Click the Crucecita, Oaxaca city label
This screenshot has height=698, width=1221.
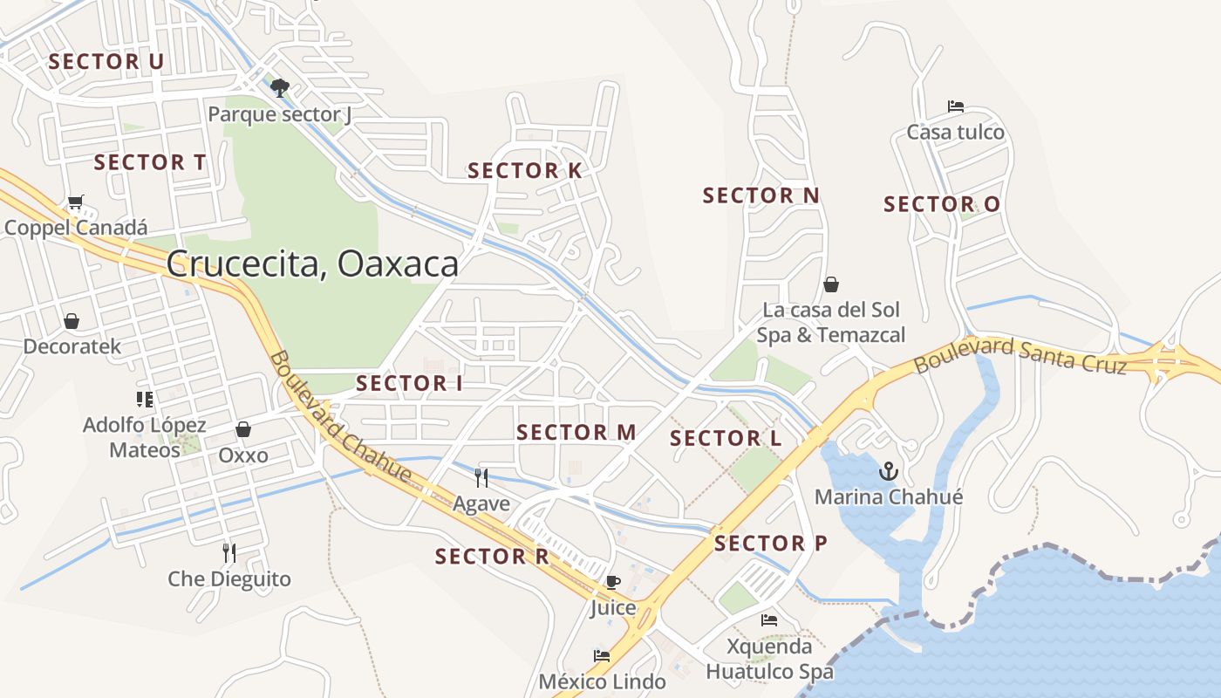pos(312,263)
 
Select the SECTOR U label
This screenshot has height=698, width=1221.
pos(106,62)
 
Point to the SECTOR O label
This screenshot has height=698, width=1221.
pos(942,204)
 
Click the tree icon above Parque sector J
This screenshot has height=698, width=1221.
pos(280,87)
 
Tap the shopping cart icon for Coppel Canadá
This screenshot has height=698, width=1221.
pos(75,202)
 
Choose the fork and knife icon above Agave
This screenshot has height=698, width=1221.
pos(481,477)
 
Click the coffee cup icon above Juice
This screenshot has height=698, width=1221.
pos(613,582)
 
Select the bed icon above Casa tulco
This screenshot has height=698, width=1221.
pos(955,106)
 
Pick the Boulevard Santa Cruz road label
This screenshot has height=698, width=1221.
pos(1020,355)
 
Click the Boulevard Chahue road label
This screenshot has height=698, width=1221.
pos(340,417)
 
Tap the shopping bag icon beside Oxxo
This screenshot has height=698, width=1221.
pos(243,429)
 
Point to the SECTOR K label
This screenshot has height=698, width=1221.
pos(524,171)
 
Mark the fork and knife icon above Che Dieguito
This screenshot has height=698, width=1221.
pos(229,552)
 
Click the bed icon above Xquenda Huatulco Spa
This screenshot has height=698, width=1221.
pos(768,620)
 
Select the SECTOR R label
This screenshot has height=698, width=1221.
pos(492,557)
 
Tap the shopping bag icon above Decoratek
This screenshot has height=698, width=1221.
pos(72,321)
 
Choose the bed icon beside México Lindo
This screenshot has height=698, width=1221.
pos(601,656)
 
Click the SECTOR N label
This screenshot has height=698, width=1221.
pos(761,196)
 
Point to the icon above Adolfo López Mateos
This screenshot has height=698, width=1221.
pos(145,400)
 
